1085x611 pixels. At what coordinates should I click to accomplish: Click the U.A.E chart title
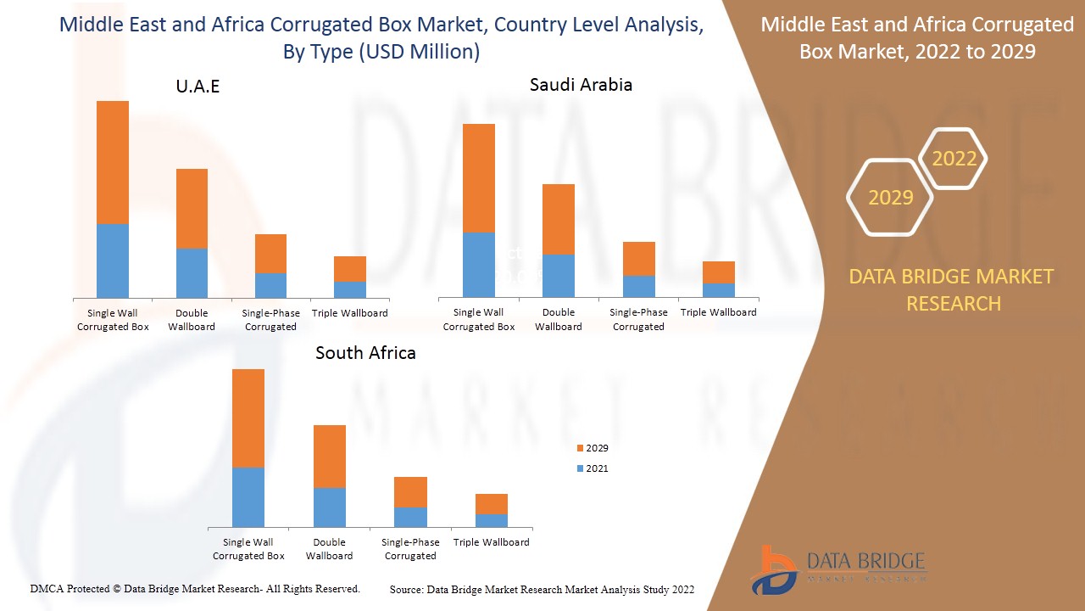[197, 87]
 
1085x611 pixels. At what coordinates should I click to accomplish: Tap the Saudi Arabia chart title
[581, 85]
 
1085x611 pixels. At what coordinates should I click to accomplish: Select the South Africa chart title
[365, 353]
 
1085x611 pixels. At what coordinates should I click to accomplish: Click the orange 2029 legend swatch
[580, 448]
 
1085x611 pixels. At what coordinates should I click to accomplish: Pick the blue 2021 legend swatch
[580, 468]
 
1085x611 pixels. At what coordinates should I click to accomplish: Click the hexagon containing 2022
[954, 159]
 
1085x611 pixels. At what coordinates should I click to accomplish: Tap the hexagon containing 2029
[890, 198]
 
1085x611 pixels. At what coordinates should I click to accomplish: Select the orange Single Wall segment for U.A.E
[113, 162]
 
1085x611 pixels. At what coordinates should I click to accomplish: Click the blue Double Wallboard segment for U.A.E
[192, 272]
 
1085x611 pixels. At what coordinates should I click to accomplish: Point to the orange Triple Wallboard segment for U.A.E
[349, 268]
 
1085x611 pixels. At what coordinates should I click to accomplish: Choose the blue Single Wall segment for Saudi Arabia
[479, 264]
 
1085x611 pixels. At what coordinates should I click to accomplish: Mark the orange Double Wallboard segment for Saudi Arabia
[559, 219]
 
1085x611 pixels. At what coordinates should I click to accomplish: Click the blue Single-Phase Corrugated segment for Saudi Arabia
[638, 286]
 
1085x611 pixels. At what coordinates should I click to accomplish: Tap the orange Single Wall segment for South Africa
[248, 418]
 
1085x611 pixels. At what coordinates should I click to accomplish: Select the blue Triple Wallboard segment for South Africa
[492, 520]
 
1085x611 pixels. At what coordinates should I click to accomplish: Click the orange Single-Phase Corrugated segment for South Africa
[410, 491]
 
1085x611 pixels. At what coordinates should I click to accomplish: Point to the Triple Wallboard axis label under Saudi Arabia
[718, 312]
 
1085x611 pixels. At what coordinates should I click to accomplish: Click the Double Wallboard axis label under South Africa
[329, 549]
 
